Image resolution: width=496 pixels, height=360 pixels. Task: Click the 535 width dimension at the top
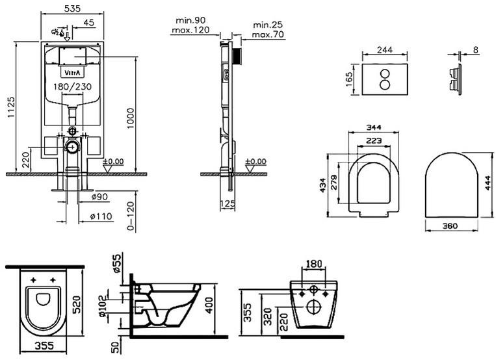coord(72,8)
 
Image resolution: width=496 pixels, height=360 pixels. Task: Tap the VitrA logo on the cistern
coord(72,73)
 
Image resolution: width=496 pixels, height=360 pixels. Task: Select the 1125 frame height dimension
coord(11,108)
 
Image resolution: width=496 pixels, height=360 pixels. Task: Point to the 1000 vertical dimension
coord(130,118)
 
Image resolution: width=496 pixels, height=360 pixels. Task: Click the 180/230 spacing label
coord(72,86)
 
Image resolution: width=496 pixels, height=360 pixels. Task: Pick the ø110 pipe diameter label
coord(101,216)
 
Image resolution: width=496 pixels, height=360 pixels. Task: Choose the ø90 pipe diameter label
coord(99,197)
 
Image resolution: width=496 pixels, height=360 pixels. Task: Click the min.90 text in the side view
coord(190,20)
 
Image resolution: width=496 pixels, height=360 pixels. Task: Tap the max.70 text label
coord(268,34)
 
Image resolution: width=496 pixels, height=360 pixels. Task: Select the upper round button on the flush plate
coord(385,74)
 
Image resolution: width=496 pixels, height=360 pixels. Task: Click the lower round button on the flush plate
coord(385,84)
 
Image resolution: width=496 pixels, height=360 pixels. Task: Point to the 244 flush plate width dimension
coord(385,50)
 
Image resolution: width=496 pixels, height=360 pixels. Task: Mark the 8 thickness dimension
coord(476,49)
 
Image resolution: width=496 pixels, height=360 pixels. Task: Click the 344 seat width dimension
coord(374,127)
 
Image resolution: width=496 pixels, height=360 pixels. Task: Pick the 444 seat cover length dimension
coord(488,183)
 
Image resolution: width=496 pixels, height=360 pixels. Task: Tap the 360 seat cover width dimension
coord(450,226)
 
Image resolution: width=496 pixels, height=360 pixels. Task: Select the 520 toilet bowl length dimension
coord(77,304)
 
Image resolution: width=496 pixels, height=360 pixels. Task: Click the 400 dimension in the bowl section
coord(209,305)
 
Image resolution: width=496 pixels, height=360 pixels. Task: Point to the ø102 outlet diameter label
coord(101,306)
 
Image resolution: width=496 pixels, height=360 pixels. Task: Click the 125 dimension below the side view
coord(228,203)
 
